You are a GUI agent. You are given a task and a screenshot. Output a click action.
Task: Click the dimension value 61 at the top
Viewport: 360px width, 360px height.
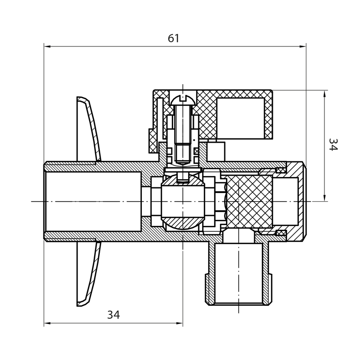point(173,38)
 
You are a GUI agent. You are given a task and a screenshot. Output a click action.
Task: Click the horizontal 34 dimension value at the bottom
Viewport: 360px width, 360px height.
point(113,315)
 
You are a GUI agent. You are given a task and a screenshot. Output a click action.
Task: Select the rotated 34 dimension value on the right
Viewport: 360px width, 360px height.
point(333,144)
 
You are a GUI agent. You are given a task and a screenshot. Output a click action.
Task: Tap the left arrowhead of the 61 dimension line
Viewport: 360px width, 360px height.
point(47,46)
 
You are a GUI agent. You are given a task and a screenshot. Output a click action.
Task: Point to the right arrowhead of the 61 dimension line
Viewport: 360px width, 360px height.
point(303,46)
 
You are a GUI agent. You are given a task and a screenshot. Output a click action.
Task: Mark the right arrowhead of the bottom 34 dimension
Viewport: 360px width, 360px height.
point(180,323)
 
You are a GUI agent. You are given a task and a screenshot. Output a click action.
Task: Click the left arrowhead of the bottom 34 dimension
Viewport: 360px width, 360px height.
point(47,323)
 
